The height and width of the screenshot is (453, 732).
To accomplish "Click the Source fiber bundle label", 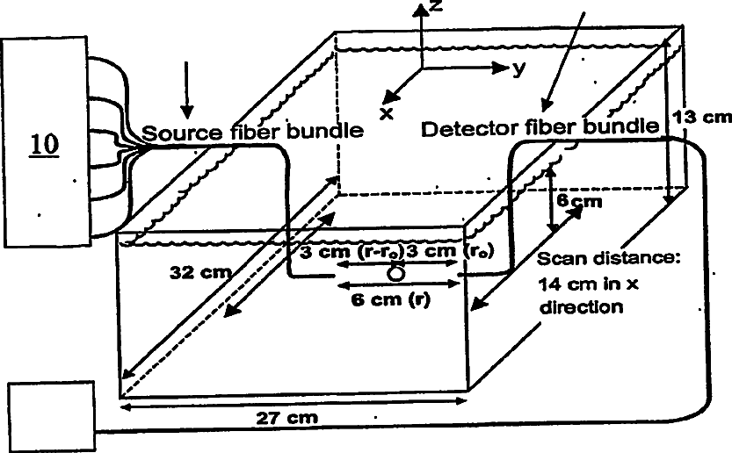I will (252, 133).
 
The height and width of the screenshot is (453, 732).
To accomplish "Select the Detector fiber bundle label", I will (540, 128).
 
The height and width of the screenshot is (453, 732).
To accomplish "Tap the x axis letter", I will (385, 112).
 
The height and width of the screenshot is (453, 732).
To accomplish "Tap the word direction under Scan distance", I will (581, 308).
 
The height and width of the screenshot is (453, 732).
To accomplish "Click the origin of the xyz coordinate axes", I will (424, 67).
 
